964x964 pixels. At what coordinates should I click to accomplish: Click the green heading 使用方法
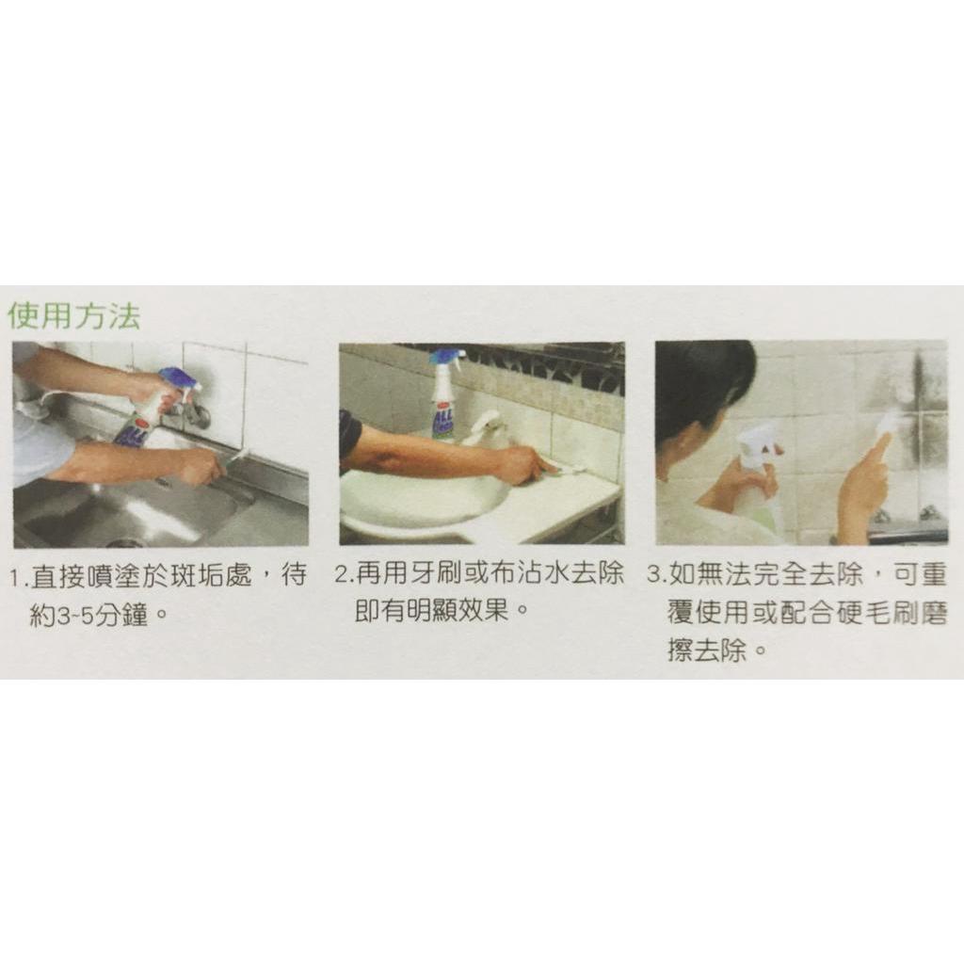73,316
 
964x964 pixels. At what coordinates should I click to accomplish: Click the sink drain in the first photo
123,542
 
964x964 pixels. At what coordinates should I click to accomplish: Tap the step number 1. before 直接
19,579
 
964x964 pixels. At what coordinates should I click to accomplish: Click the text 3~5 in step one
74,616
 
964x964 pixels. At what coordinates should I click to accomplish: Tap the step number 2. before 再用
345,574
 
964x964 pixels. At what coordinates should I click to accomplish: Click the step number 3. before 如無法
658,575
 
